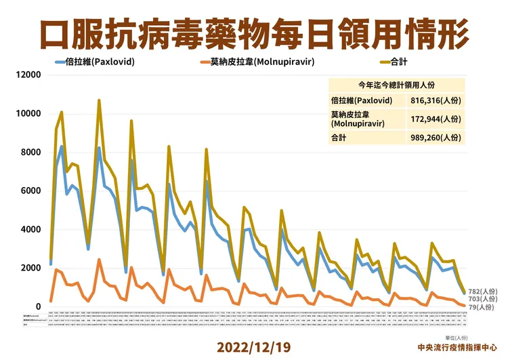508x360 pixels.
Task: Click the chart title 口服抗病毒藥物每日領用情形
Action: tap(253, 31)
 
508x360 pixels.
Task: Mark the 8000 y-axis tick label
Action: tap(30, 153)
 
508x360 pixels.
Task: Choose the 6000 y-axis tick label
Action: tap(30, 191)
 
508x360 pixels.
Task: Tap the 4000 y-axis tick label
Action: tap(30, 230)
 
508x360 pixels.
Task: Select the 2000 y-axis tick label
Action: tap(30, 268)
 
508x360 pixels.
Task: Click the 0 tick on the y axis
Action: tap(39, 307)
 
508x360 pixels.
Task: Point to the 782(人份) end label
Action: tap(482, 291)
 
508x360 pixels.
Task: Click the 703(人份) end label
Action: tap(482, 299)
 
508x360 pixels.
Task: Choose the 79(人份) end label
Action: tap(480, 307)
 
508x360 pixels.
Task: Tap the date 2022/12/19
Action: tap(253, 346)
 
